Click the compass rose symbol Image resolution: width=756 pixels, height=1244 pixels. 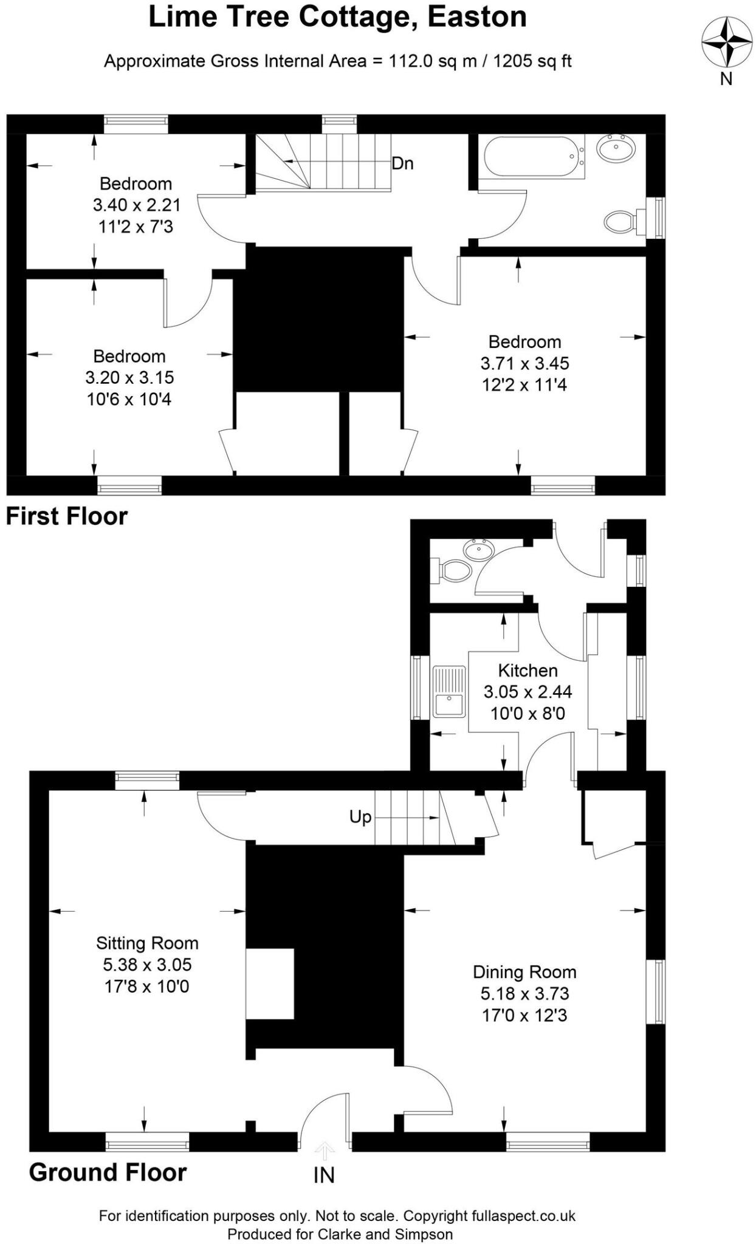tap(726, 41)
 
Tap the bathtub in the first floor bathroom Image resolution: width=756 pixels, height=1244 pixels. tap(533, 156)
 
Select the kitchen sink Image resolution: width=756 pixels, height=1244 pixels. tap(448, 692)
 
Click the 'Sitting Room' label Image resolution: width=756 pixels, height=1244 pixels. tap(147, 943)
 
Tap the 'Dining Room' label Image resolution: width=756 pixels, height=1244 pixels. tap(524, 972)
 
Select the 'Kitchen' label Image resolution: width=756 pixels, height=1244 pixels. tap(527, 671)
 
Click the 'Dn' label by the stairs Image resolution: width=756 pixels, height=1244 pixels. tap(402, 163)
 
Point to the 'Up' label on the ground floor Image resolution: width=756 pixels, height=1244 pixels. tap(360, 817)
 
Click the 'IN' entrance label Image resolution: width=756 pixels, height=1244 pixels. tap(324, 1175)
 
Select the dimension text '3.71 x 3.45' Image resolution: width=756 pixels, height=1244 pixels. tap(524, 363)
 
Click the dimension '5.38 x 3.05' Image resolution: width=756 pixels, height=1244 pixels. tap(147, 965)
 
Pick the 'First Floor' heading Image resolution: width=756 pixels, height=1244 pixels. tap(67, 516)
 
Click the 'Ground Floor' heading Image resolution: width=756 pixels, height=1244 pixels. tap(108, 1172)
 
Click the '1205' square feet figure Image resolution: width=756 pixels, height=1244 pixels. tap(509, 61)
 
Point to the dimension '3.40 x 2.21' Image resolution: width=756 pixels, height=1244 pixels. tap(136, 205)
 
